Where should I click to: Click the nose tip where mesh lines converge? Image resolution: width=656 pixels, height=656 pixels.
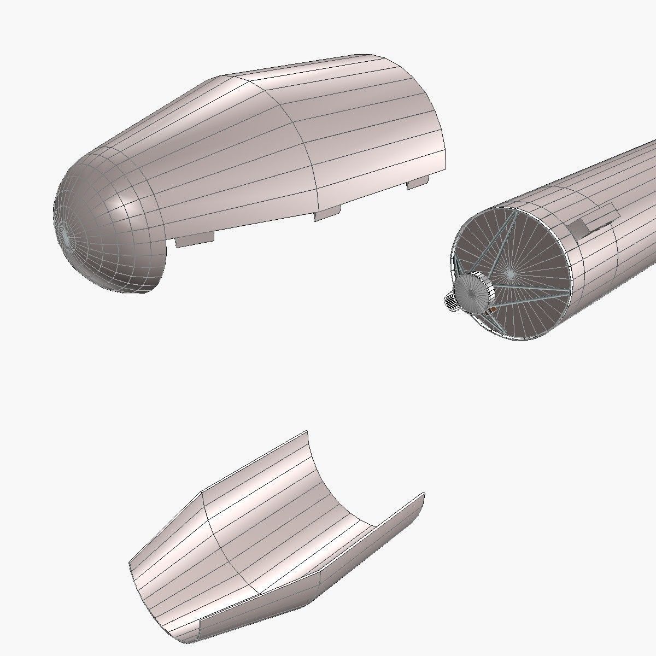(65, 234)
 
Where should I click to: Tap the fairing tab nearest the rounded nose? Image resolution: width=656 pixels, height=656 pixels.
(194, 239)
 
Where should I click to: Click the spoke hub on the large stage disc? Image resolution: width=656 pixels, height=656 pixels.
(509, 272)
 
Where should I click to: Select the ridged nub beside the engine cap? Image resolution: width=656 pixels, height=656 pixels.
(450, 302)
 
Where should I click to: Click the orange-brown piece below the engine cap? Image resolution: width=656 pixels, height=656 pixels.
(493, 311)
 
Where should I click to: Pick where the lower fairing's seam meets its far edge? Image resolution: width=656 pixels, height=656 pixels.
(203, 490)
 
